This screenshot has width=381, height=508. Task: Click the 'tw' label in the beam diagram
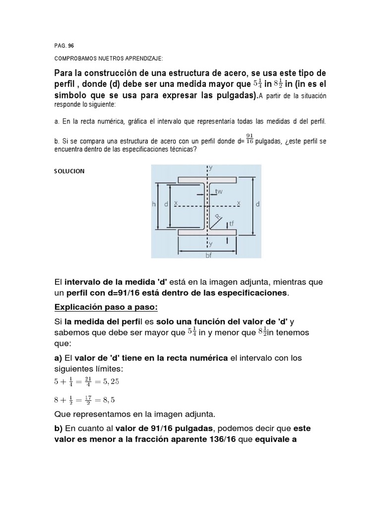(218, 191)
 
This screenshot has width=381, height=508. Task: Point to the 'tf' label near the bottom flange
(231, 223)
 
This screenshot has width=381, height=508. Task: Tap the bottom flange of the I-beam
(207, 232)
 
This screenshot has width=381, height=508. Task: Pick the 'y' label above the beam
(211, 168)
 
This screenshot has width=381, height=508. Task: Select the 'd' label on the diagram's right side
(258, 204)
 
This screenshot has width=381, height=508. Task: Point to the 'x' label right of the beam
(239, 202)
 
